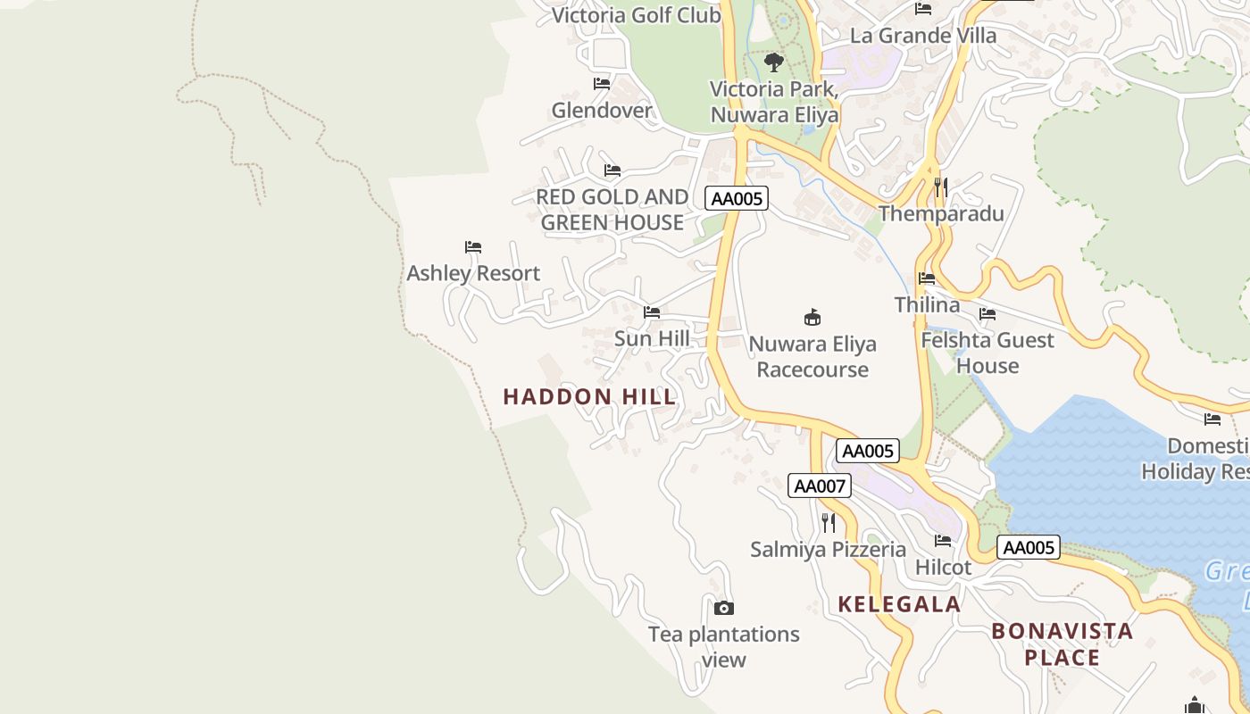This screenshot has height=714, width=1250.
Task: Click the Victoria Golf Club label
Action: coord(636,15)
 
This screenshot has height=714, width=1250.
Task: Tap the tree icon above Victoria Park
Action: coord(774,62)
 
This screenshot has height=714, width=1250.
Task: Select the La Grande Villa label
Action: coord(923,36)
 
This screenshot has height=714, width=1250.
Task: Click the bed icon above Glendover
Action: coord(602,84)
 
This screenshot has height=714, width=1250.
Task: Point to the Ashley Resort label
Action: coord(473,273)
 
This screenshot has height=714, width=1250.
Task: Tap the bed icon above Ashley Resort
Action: coord(473,247)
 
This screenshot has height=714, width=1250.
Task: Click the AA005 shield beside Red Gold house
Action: coord(737,198)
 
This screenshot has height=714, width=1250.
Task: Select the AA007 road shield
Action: coord(820,486)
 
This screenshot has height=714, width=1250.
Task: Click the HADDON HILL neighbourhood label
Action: coord(589,397)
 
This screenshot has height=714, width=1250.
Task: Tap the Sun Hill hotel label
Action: coord(652,338)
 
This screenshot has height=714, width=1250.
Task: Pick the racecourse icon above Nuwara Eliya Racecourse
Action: coord(812,317)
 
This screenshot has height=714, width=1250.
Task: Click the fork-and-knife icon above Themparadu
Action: coord(940,187)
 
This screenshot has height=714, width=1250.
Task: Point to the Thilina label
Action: coord(927,304)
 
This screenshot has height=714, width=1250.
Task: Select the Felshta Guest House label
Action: coord(987,353)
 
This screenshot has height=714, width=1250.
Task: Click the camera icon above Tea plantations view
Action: coord(724,609)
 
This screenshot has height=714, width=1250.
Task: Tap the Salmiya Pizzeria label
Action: coord(828,549)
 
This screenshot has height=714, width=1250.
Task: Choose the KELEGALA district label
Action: coord(899,604)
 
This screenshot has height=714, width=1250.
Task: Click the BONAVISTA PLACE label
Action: coord(1062,644)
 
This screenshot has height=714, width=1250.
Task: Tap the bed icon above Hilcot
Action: coord(943,540)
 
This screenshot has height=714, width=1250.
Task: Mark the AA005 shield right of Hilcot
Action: coord(1029,547)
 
